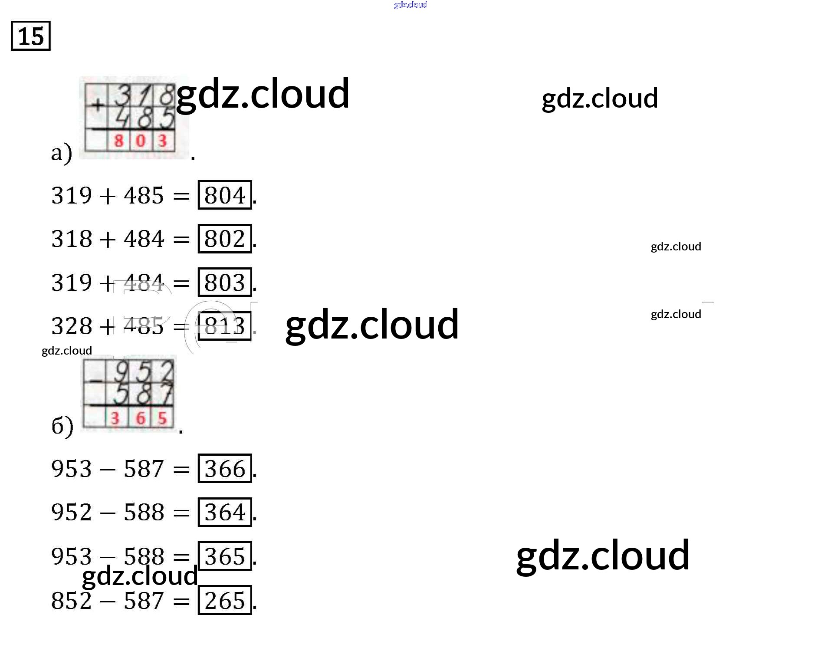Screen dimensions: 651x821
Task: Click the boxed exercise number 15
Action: [30, 36]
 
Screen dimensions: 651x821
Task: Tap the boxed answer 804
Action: [225, 195]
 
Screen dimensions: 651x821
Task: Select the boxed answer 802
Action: [225, 239]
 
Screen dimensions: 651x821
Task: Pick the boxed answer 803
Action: [225, 283]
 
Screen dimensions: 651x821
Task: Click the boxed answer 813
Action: [225, 326]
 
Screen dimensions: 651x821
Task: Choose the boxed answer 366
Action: [225, 469]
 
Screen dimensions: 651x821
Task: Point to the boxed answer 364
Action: [225, 512]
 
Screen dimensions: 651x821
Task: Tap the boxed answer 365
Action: [225, 556]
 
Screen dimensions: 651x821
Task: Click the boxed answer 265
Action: [225, 601]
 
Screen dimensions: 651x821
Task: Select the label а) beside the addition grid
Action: [61, 153]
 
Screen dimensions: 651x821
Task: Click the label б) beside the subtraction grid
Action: [62, 426]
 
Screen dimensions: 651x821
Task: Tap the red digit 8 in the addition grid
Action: [118, 141]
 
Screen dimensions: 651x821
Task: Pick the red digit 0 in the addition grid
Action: [141, 141]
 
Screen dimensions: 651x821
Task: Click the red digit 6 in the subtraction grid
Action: [140, 418]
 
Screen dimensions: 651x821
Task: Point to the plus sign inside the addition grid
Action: [98, 105]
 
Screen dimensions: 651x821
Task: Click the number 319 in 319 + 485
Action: [72, 195]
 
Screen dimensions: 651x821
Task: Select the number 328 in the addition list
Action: [72, 326]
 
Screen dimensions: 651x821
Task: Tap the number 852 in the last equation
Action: [72, 601]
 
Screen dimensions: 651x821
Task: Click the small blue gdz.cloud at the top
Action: [410, 5]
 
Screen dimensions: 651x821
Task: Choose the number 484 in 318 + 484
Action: [144, 239]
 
